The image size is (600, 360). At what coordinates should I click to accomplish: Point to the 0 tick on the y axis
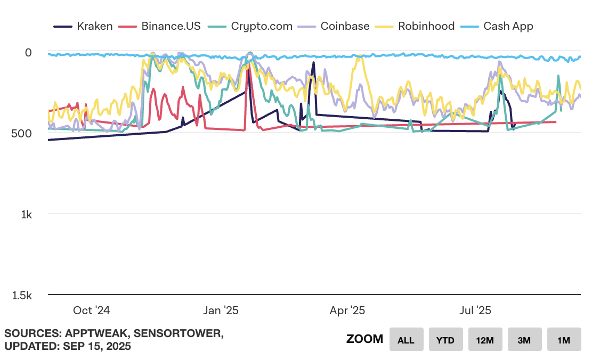point(28,52)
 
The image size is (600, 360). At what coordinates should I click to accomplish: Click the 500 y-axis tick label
point(22,133)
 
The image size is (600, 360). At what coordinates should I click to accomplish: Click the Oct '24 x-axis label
point(91,310)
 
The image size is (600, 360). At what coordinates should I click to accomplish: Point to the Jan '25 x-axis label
point(221,310)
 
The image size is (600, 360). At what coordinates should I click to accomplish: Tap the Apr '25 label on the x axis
point(347,310)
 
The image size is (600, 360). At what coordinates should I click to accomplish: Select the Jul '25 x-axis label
point(475,310)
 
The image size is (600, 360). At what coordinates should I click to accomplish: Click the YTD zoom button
point(445,340)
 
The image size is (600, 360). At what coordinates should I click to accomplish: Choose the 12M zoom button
point(485,340)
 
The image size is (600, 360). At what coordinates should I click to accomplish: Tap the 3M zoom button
point(524,340)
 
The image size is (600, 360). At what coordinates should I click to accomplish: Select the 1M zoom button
point(564,340)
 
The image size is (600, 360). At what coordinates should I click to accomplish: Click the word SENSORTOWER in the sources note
point(177,334)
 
